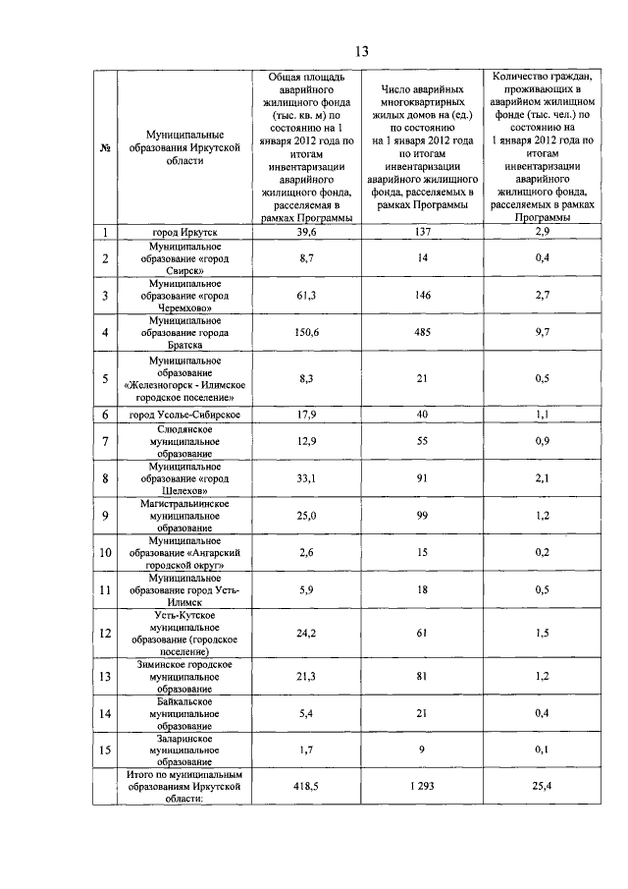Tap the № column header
tap(104, 148)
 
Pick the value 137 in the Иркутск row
tap(422, 232)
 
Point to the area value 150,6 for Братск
tap(309, 333)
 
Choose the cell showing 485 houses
tap(422, 333)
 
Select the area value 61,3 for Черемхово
tap(309, 294)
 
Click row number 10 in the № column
tap(104, 553)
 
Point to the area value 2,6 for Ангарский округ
tap(309, 553)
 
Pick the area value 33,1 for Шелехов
tap(309, 478)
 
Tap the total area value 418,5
tap(309, 787)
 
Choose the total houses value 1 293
tap(422, 787)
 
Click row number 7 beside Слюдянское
tap(104, 442)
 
